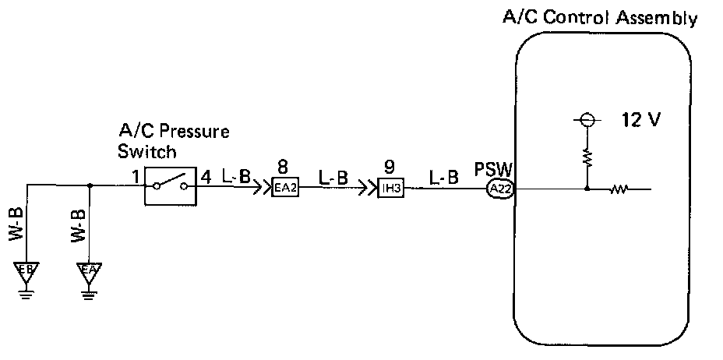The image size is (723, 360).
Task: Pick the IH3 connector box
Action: point(390,188)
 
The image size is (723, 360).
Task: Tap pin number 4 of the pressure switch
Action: point(206,176)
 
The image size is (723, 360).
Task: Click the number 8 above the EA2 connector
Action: point(283,167)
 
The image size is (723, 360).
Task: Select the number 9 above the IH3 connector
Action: point(390,167)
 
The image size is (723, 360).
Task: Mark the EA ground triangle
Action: point(90,272)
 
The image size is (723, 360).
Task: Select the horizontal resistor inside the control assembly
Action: point(620,188)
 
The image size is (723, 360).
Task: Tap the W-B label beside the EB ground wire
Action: point(19,226)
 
